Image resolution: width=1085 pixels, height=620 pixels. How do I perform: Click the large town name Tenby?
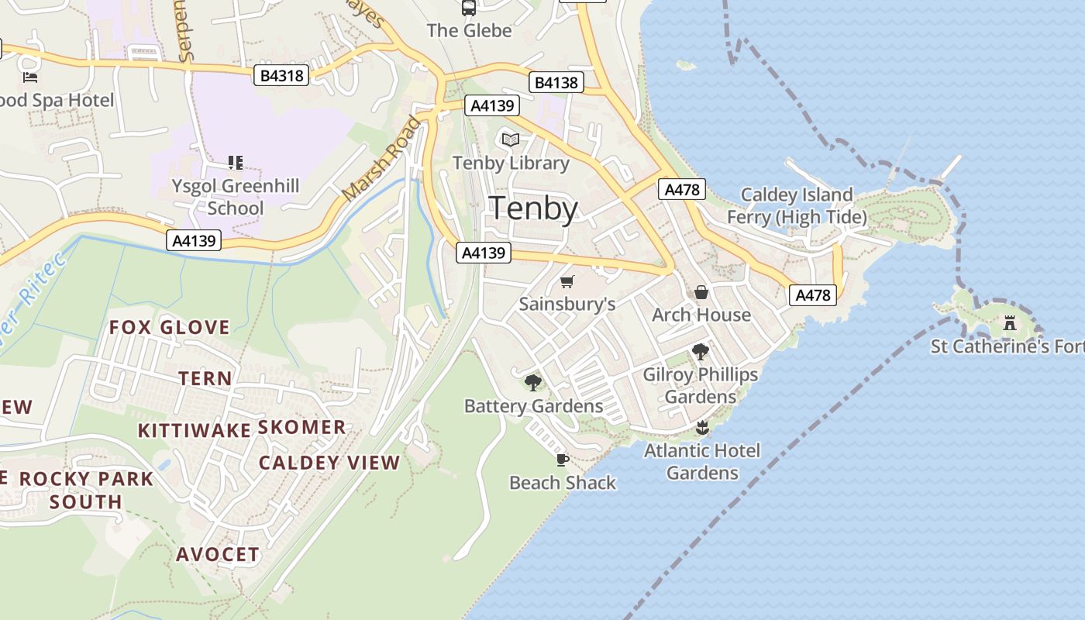coord(534,209)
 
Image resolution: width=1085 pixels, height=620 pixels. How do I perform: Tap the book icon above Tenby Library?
coord(510,139)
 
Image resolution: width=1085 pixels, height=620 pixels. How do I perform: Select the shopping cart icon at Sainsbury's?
coord(567,281)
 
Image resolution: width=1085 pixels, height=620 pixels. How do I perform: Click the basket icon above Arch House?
coord(701,292)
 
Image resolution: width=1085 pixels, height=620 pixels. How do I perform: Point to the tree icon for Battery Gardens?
coord(532,382)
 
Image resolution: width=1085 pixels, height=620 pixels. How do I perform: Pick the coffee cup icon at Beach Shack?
coord(563,460)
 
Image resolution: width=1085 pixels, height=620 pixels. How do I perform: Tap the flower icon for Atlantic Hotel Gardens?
coord(702,427)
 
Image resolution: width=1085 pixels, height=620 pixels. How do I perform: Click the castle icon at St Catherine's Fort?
coord(1009,322)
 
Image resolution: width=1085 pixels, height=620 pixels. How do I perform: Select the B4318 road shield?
coord(282,75)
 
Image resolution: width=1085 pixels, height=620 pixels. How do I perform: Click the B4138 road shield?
coord(556,82)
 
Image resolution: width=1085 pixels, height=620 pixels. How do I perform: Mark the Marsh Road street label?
coord(381,158)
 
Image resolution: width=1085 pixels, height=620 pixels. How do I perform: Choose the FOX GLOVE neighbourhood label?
coord(169,327)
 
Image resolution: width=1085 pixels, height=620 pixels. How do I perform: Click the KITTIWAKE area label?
coord(194,431)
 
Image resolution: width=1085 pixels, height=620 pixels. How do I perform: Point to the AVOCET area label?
coord(218,554)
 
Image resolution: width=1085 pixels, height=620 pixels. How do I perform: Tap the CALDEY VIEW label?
coord(329,463)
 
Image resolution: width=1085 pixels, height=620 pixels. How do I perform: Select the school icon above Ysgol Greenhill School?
coord(236,162)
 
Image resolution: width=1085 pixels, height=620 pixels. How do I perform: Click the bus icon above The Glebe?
coord(469,8)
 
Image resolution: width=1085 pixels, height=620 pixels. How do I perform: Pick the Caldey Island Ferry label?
coord(797,205)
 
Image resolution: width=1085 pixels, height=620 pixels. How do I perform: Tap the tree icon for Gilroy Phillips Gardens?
coord(700,352)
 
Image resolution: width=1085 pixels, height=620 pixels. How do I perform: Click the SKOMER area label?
coord(301,427)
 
